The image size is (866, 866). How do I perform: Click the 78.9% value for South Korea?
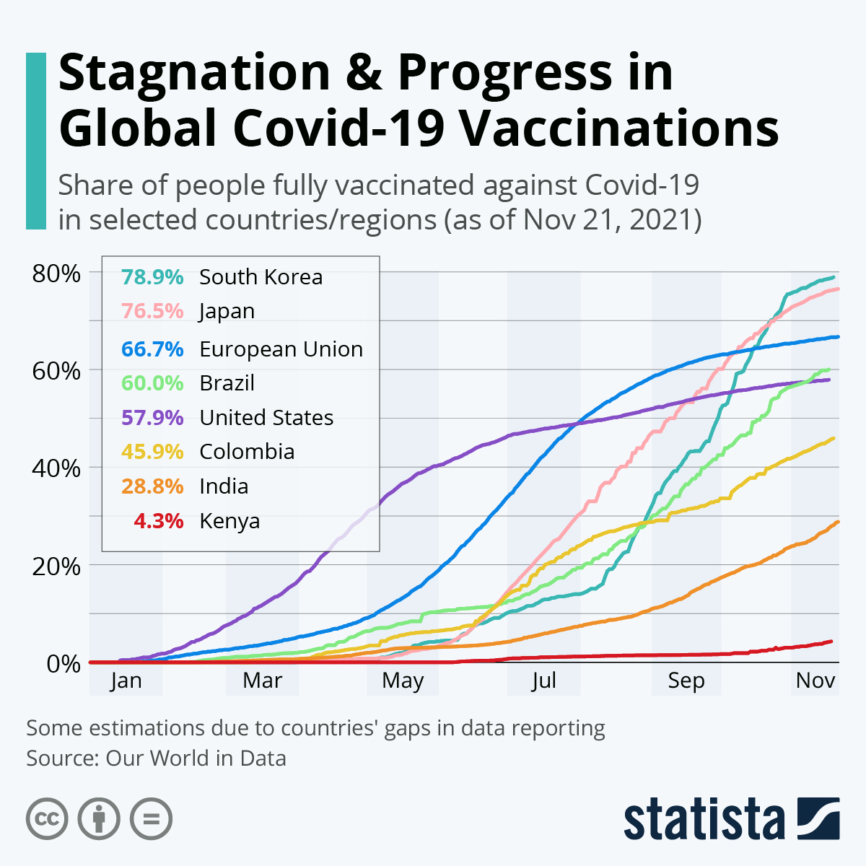152,277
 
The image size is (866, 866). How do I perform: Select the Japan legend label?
227,311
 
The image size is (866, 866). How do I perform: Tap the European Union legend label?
281,349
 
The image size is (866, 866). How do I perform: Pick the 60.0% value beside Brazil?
152,383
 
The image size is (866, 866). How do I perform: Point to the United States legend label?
266,418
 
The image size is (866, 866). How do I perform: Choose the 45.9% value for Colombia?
152,452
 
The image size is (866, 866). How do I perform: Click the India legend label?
224,486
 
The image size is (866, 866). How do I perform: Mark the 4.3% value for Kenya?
159,521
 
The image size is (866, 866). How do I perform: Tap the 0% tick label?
64,663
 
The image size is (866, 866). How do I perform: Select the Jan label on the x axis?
126,681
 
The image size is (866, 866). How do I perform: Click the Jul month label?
543,681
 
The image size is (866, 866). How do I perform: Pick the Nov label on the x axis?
815,681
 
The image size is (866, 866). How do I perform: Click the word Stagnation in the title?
193,73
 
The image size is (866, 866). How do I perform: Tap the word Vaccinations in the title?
619,128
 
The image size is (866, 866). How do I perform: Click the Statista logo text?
704,820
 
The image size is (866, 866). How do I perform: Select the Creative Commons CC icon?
47,819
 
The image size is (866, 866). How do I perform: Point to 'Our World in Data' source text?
196,758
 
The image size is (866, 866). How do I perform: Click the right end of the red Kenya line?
831,641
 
